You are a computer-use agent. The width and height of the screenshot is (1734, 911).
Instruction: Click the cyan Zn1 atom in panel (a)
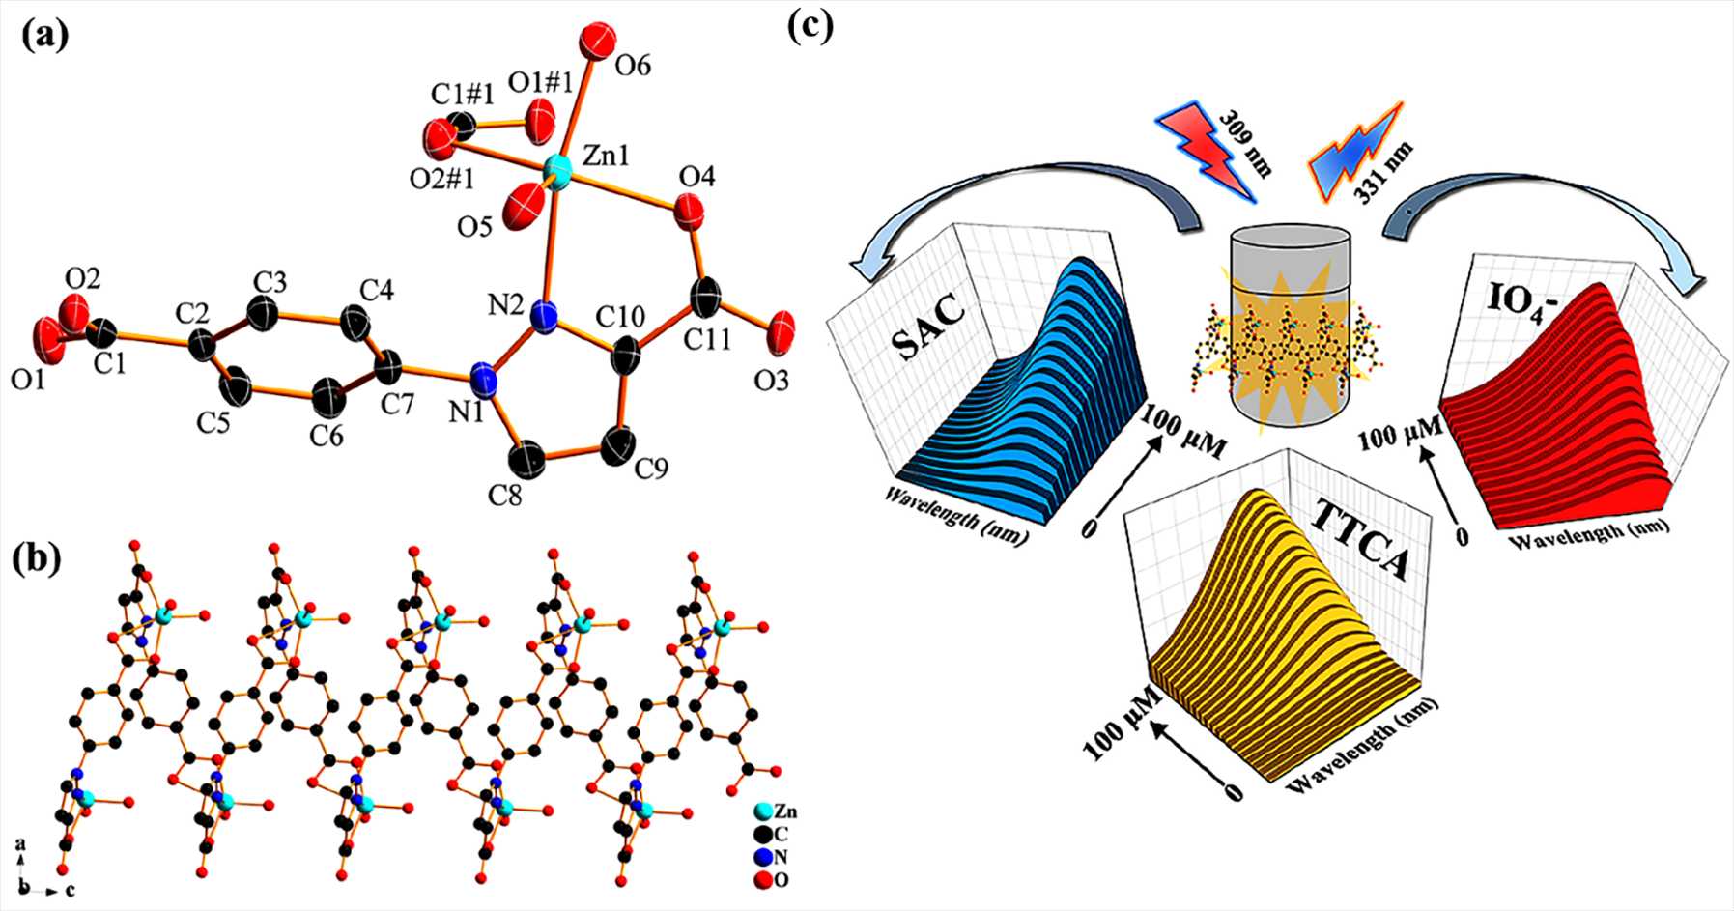coord(557,171)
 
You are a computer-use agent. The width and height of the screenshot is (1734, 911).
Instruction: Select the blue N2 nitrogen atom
coord(546,315)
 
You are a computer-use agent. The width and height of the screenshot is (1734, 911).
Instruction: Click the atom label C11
coord(709,339)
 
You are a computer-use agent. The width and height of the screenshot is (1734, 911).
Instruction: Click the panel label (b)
coord(39,559)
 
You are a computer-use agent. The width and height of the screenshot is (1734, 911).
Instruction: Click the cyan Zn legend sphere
coord(764,812)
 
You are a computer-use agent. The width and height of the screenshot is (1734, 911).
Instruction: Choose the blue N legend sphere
coord(764,857)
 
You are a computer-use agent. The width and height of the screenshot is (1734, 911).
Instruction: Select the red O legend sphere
coord(764,879)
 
